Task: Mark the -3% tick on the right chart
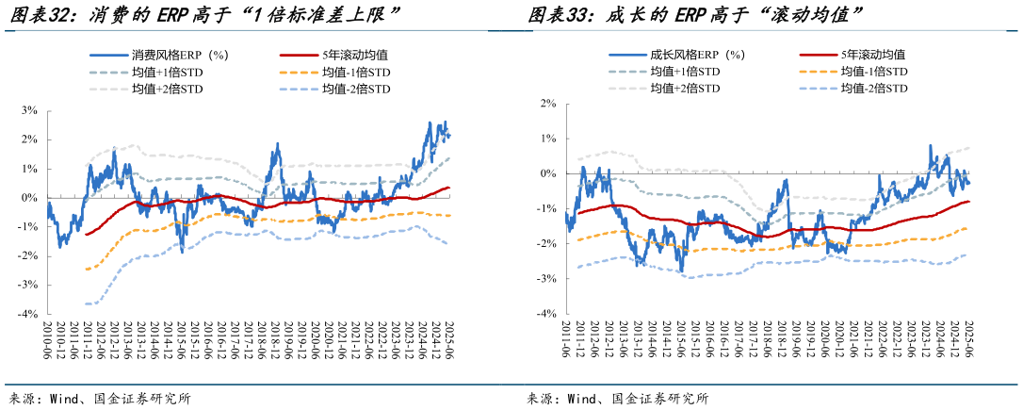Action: [544, 279]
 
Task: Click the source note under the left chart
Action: [99, 399]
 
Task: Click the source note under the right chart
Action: [617, 399]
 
